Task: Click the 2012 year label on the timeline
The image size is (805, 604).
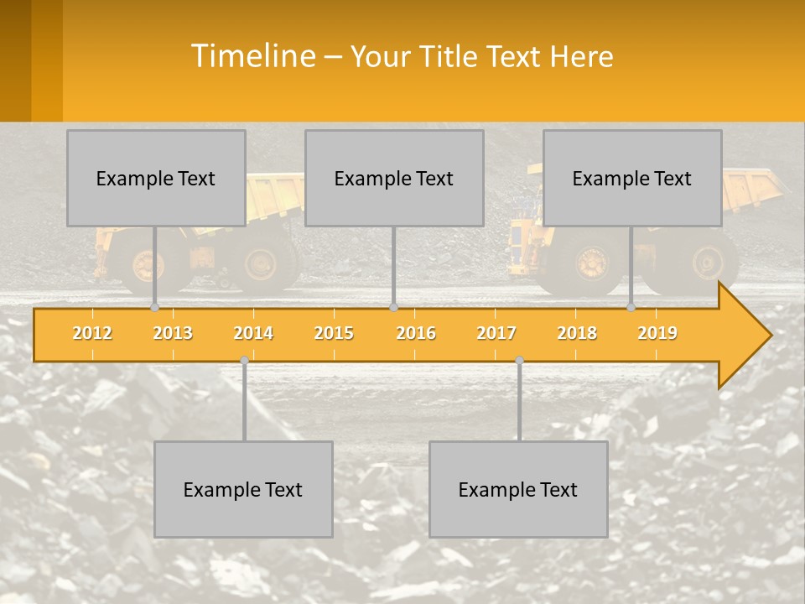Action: click(x=92, y=333)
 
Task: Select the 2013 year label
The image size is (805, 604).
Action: click(x=173, y=333)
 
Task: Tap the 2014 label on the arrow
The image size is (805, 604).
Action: click(x=253, y=333)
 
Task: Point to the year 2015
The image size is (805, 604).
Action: click(x=334, y=333)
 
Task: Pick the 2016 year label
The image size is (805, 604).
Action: click(x=416, y=333)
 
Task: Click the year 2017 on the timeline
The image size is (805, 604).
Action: click(x=496, y=333)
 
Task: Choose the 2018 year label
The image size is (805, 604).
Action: click(x=577, y=333)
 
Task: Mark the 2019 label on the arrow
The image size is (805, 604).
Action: click(x=657, y=333)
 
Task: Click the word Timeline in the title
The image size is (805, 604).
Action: click(x=252, y=56)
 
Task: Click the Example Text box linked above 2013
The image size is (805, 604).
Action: click(x=156, y=178)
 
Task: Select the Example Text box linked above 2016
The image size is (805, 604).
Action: click(x=394, y=178)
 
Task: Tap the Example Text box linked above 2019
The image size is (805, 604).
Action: click(x=632, y=178)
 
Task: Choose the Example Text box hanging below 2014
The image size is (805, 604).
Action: click(x=243, y=489)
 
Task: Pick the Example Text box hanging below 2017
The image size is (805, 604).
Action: click(x=518, y=489)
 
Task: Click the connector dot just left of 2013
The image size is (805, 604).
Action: click(x=154, y=308)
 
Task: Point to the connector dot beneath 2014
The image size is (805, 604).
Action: click(x=244, y=361)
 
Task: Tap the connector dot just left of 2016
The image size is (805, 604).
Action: click(x=393, y=308)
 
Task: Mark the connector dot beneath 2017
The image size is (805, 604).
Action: click(x=519, y=361)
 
